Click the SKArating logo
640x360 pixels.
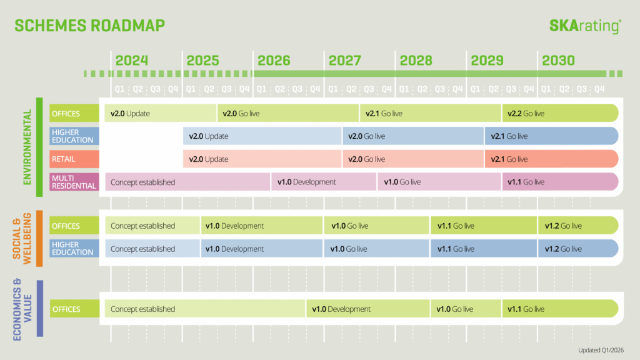tap(585, 26)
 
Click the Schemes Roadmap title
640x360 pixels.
tap(90, 26)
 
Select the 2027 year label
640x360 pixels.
tap(345, 61)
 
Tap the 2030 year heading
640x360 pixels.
tap(558, 61)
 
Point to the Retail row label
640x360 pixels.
tap(74, 159)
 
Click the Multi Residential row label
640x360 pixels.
tap(74, 182)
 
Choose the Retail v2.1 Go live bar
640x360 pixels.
tap(551, 159)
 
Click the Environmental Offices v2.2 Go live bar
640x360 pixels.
tap(560, 113)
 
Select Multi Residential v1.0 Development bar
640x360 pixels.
tap(324, 182)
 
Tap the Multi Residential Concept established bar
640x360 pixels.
tap(187, 182)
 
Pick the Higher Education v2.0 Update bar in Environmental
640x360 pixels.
tap(262, 136)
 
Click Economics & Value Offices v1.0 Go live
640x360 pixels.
tap(466, 309)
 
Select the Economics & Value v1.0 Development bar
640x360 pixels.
tap(367, 309)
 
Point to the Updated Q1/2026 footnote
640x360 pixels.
tap(601, 350)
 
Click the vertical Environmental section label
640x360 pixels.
tap(27, 147)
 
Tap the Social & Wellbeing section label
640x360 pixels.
tap(22, 239)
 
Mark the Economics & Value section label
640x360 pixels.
tap(22, 309)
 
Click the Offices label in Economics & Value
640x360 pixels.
tap(74, 309)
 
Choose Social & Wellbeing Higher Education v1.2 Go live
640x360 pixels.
tap(578, 249)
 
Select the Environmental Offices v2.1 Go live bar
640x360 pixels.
tap(430, 113)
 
